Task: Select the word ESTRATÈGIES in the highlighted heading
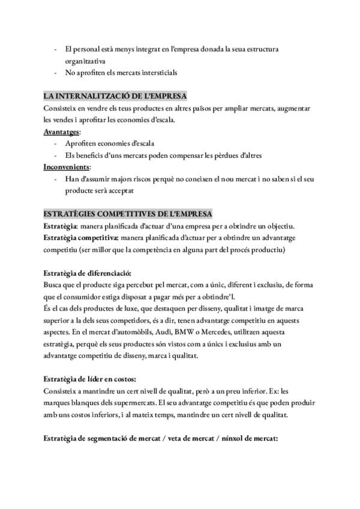point(70,214)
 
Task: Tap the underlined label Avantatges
point(62,131)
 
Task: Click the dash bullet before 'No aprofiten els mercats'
point(56,73)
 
